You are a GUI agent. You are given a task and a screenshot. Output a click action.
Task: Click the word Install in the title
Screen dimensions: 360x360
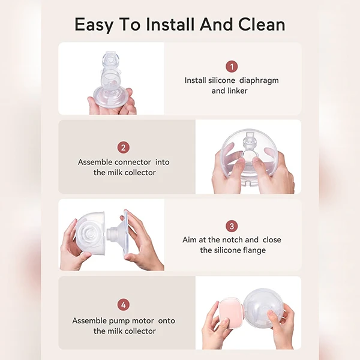tap(170, 25)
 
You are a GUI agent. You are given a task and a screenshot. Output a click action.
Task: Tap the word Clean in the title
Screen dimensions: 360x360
tap(262, 25)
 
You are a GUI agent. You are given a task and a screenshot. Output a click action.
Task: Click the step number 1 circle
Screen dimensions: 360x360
tap(232, 67)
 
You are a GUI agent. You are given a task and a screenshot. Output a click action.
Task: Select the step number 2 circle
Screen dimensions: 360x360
tap(123, 148)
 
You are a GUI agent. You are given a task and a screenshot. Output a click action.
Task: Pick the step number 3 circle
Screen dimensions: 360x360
tap(232, 226)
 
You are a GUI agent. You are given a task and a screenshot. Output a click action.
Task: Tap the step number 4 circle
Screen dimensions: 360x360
tap(123, 305)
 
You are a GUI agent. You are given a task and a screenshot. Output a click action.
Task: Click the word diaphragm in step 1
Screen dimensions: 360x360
tap(259, 81)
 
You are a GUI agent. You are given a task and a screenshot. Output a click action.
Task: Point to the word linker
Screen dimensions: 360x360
tap(237, 91)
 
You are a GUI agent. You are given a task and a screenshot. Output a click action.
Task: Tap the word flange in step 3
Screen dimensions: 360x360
tap(254, 250)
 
